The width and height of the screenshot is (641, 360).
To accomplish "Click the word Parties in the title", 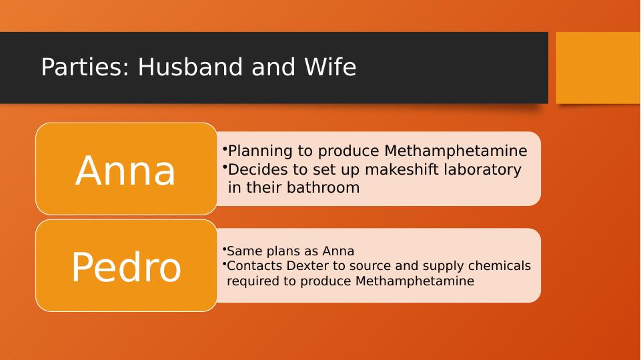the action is [85, 67].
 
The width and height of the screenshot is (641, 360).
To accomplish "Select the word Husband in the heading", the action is [191, 67].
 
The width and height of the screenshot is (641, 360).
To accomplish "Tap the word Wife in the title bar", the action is [330, 67].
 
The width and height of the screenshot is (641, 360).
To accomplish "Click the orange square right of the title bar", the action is [598, 68].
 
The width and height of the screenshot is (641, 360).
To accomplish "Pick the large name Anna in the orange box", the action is [125, 171].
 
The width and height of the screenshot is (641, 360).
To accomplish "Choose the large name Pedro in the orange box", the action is [126, 267].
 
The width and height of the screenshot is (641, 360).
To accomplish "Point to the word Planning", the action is [260, 151].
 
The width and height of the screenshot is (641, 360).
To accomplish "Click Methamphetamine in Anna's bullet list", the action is [456, 151].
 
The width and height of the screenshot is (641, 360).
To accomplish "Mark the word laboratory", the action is [483, 170].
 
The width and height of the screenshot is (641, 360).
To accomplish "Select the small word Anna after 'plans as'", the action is [338, 251].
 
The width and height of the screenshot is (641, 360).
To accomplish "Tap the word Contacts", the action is [254, 265].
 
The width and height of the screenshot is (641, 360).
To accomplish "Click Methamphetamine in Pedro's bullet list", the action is [414, 281].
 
